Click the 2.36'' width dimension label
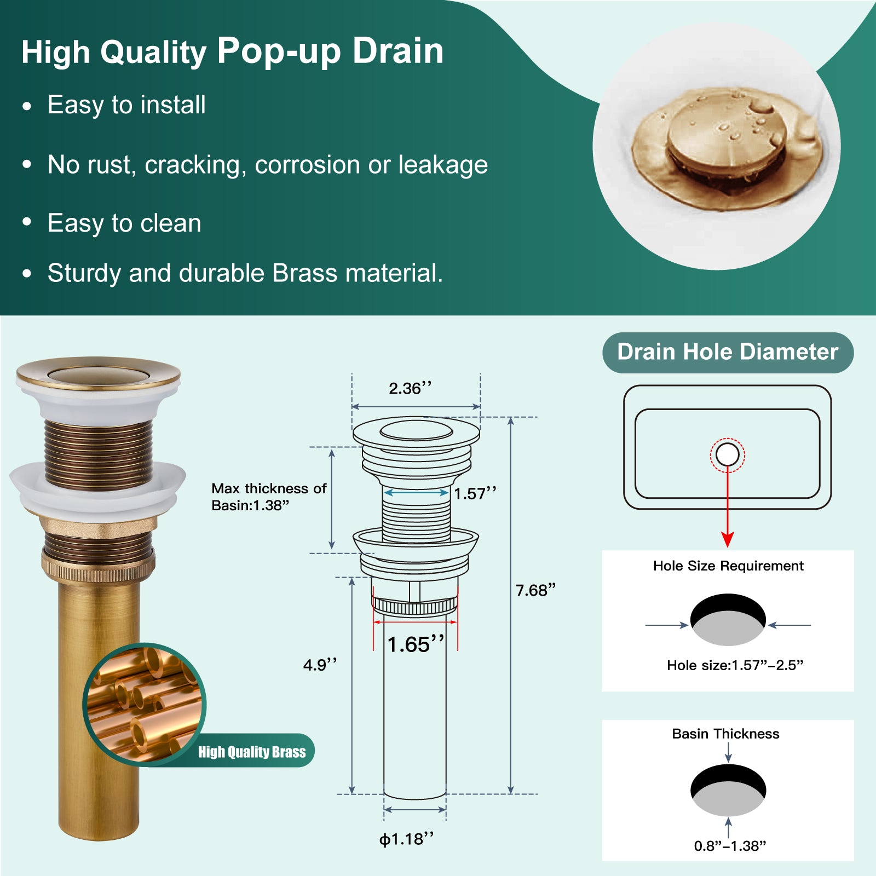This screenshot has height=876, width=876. pos(410,388)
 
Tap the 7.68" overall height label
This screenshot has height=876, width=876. pos(535,590)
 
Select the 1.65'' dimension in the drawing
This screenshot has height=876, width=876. pos(416,644)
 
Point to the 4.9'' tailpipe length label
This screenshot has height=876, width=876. pos(320,665)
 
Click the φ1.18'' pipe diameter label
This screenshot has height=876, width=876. pos(407,839)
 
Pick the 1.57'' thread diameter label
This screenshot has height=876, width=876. pos(475,493)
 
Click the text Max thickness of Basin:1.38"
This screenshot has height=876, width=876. pos(269,497)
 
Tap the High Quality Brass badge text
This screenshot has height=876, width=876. pos(252,752)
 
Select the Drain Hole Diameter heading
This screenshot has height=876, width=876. pos(728,352)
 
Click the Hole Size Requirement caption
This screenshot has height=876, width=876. pos(728,566)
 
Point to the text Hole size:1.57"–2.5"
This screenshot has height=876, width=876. pos(735,665)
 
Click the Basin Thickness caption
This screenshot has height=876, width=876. pos(725,734)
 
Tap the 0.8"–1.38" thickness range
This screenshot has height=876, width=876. pos(730,846)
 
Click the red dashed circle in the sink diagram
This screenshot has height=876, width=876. pos(728,439)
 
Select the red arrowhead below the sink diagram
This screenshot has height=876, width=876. pos(728,539)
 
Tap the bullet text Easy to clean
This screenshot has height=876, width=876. pos(124,223)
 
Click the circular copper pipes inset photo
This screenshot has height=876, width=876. pos(145,704)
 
